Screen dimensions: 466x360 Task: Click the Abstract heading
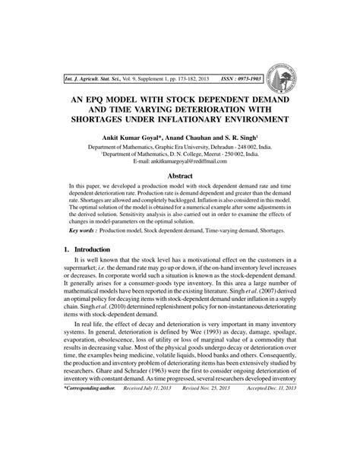pyautogui.click(x=179, y=174)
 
